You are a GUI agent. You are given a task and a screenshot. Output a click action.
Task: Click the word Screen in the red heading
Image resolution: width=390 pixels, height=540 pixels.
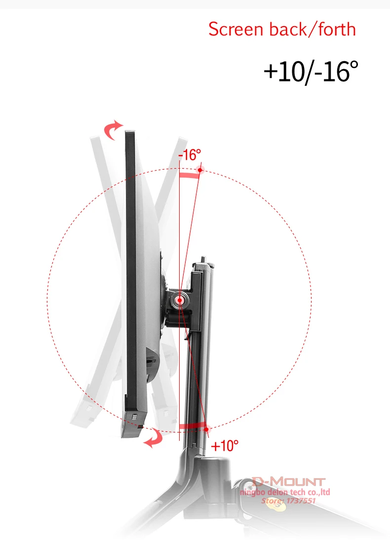(236, 29)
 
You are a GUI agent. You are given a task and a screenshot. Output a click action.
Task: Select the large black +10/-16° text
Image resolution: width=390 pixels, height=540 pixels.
(311, 72)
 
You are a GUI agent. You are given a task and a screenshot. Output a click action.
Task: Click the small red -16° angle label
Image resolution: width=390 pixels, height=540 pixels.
(189, 155)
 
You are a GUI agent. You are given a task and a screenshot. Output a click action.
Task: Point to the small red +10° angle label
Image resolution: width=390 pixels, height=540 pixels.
(225, 446)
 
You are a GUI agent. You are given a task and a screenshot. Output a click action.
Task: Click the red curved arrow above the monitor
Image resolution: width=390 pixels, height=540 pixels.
(112, 130)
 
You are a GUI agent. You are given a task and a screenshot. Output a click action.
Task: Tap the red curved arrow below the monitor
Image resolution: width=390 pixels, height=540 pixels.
(154, 438)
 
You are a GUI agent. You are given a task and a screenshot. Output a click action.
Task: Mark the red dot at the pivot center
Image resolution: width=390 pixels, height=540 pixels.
(180, 300)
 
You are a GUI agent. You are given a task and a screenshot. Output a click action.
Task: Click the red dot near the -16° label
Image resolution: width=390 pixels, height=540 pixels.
(200, 170)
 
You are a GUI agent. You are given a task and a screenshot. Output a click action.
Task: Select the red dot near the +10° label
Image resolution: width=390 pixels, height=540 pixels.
(206, 429)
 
